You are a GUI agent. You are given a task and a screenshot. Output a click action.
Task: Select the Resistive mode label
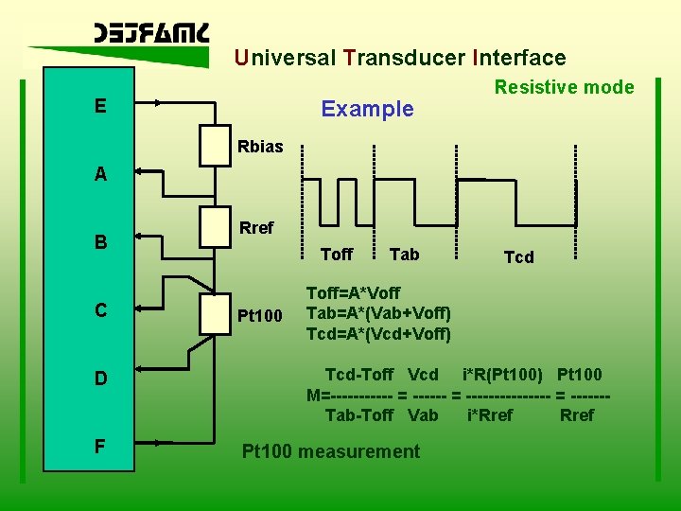[x=565, y=87]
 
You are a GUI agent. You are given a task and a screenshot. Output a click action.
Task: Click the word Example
[x=367, y=109]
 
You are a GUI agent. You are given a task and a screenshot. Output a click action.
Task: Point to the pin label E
[x=100, y=106]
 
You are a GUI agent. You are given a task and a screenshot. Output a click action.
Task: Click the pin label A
[x=100, y=174]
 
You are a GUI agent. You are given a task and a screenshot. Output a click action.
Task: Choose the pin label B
[x=100, y=242]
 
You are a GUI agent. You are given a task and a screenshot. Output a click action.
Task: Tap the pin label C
[x=100, y=310]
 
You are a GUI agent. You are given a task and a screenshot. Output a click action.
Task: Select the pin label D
[x=100, y=379]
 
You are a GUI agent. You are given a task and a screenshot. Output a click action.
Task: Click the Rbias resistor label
[x=260, y=148]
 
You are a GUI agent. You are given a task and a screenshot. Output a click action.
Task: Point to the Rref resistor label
[x=256, y=228]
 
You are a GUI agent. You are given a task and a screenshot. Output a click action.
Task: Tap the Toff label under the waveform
[x=336, y=255]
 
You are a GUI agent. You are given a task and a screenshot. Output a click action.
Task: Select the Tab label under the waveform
[x=404, y=255]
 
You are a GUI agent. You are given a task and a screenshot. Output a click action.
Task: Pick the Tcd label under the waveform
[x=518, y=257]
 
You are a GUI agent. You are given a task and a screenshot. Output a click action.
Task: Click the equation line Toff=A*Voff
[x=353, y=293]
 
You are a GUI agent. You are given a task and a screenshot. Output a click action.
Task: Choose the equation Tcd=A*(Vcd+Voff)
[x=378, y=333]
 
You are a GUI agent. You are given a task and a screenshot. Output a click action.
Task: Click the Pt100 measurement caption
[x=331, y=451]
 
